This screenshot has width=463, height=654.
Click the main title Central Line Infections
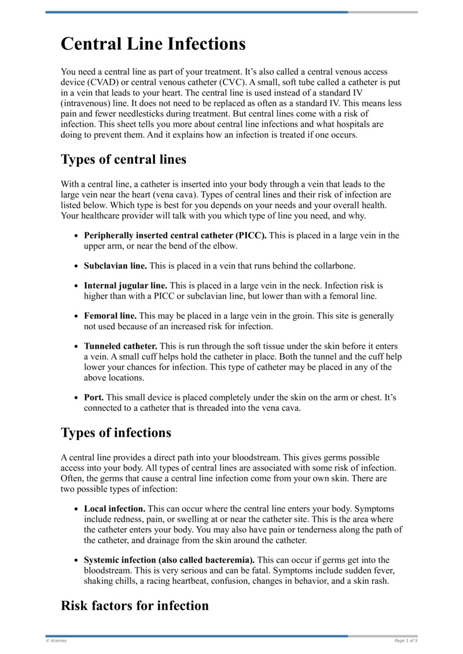(x=153, y=44)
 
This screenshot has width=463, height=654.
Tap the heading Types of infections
(x=116, y=432)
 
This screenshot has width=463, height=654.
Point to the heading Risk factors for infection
(x=134, y=606)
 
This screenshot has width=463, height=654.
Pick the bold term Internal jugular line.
(x=126, y=285)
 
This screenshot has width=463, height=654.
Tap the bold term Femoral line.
(x=110, y=316)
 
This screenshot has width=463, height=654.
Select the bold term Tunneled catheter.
(x=120, y=346)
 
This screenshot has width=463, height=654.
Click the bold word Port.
(x=94, y=398)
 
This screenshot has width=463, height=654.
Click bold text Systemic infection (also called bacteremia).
(x=169, y=560)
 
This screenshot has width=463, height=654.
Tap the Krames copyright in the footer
(x=56, y=641)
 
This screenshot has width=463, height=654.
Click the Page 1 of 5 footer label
(x=406, y=641)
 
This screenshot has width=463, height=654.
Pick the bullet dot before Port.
(x=77, y=398)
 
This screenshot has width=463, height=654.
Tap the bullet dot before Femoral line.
(x=77, y=317)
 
